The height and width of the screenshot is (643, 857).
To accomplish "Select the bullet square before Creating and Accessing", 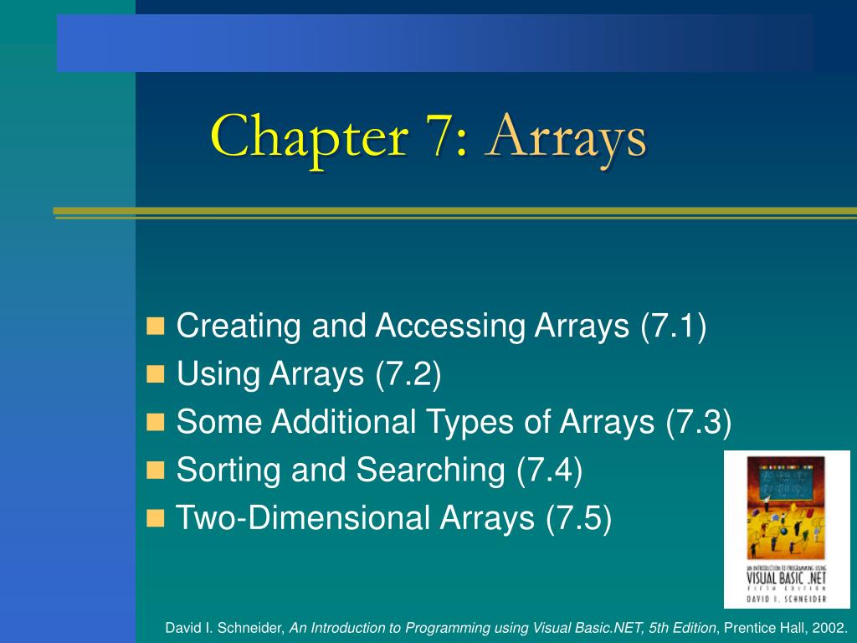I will click(156, 326).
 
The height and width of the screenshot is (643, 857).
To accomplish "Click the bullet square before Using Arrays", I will click(156, 374).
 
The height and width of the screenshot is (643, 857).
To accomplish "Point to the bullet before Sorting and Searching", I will click(156, 471).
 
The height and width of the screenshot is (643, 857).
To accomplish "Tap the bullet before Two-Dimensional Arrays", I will click(156, 519).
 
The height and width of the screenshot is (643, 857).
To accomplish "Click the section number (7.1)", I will click(674, 326).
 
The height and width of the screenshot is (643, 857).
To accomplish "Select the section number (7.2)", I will click(408, 374).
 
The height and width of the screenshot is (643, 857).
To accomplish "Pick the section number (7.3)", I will click(699, 422).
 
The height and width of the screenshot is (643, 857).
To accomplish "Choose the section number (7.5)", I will click(579, 519).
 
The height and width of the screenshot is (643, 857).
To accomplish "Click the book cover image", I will click(787, 529).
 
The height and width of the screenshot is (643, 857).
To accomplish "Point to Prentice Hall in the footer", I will click(761, 628).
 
